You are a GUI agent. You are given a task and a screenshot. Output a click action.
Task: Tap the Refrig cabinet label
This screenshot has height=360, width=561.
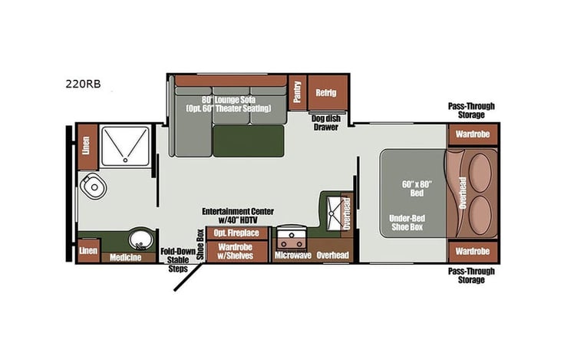pos(326,93)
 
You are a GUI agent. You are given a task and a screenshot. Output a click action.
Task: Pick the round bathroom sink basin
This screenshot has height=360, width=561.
pos(139,239)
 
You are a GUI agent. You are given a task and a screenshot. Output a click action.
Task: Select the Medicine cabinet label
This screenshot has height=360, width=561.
pos(125,257)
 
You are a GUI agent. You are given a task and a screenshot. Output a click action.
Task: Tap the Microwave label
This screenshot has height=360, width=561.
pos(292,255)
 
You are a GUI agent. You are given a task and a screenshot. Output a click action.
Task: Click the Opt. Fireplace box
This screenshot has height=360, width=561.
pos(236,233)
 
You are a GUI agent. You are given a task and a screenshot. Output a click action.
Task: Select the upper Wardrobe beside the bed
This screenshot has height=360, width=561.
pos(473,135)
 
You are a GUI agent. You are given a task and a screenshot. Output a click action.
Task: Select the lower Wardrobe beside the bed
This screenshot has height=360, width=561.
pos(473,251)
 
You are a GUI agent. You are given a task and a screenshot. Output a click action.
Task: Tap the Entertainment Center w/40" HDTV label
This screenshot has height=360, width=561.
pos(238,215)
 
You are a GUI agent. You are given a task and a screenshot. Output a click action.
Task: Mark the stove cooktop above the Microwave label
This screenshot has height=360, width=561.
pos(292,234)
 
